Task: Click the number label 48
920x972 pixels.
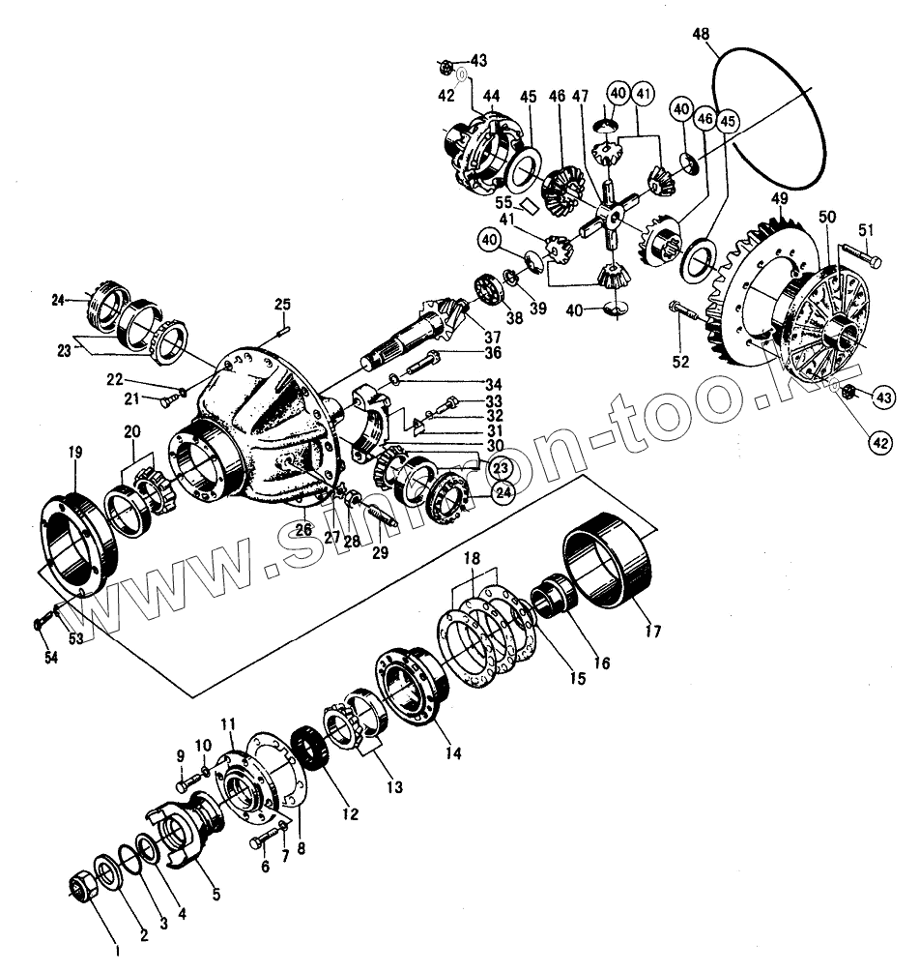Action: (x=702, y=36)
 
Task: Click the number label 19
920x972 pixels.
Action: (x=74, y=452)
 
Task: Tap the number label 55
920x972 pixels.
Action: (x=503, y=202)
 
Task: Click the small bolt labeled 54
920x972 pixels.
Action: (x=40, y=623)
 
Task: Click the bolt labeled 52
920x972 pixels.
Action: (x=683, y=312)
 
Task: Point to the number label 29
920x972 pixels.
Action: (x=379, y=554)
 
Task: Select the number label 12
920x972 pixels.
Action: (x=349, y=813)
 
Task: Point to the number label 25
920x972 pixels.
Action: (x=281, y=306)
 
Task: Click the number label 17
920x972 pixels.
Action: (x=653, y=632)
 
